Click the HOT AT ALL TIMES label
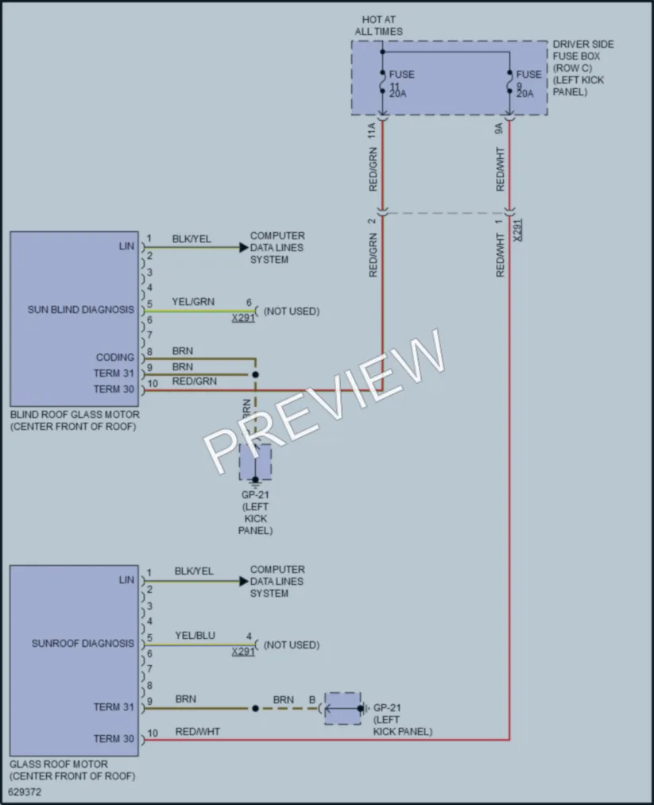[379, 25]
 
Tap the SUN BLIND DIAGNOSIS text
[80, 310]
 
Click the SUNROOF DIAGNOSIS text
[83, 643]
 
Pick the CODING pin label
[115, 358]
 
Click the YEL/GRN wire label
[193, 302]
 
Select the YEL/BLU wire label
[195, 636]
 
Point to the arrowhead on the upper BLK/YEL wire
[244, 247]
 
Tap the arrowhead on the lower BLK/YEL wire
[244, 581]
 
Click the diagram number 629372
[25, 792]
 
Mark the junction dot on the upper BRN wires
[255, 375]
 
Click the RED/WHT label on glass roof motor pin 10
[198, 732]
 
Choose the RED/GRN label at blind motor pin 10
[195, 381]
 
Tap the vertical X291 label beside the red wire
[517, 230]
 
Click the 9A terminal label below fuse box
[499, 129]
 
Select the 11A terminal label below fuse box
[372, 130]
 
